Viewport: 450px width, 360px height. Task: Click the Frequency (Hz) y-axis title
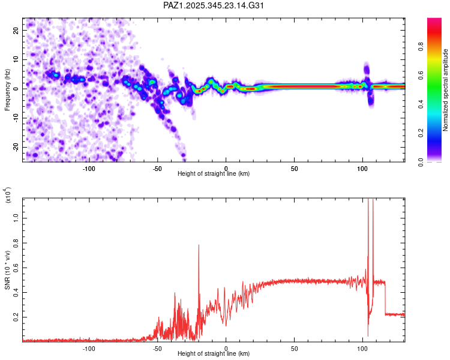(x=8, y=90)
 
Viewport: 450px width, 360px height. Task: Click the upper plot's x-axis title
(x=214, y=173)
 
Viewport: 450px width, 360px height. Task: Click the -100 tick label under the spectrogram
(x=89, y=168)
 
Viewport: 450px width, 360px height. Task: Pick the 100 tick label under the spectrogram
(x=362, y=168)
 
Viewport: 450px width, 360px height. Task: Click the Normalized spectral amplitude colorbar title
(x=445, y=90)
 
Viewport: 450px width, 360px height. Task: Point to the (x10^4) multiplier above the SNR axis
(x=8, y=196)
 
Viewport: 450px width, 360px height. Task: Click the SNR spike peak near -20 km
(x=199, y=245)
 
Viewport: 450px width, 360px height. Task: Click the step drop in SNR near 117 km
(x=385, y=298)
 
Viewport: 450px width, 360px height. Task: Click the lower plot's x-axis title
(x=214, y=354)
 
